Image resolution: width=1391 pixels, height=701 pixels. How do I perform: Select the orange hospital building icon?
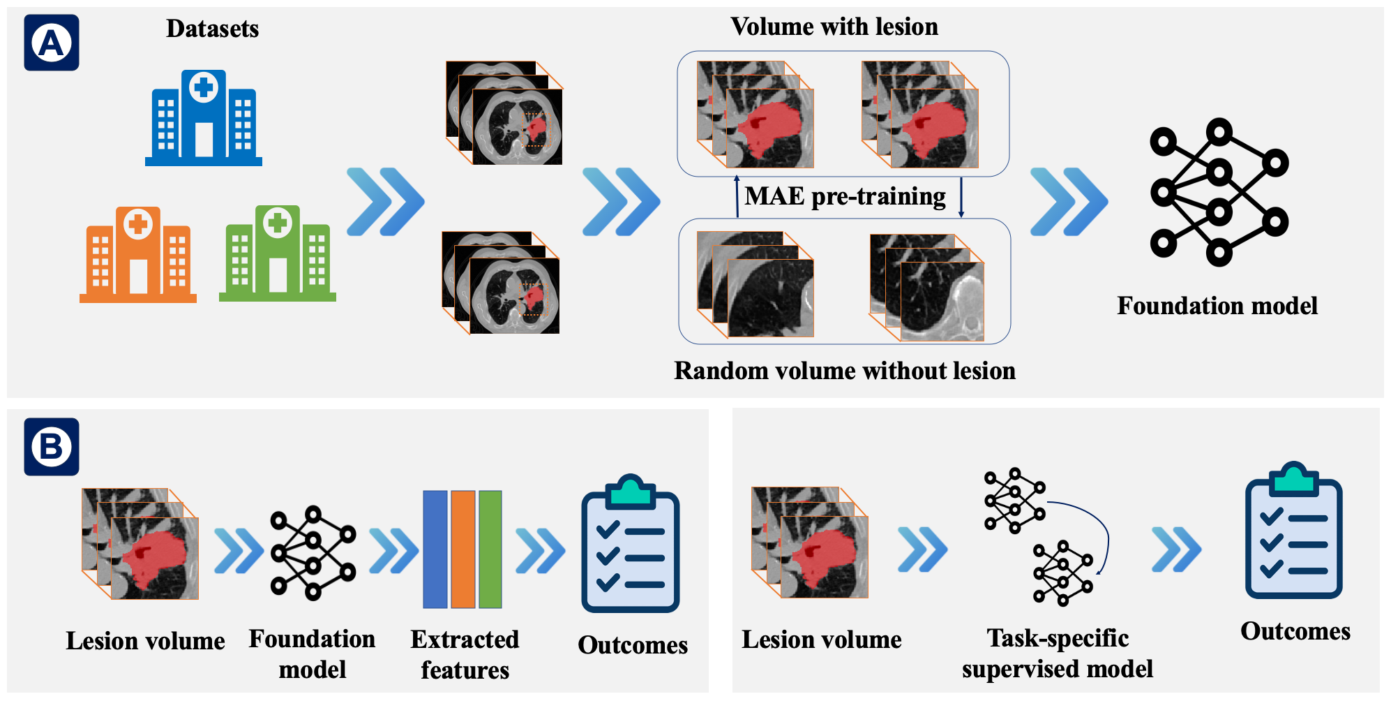click(x=138, y=254)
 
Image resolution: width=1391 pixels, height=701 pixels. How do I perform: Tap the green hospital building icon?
click(x=278, y=253)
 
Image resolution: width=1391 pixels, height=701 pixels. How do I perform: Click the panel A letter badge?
click(x=52, y=43)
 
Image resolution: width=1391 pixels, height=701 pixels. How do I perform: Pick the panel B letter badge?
click(x=52, y=447)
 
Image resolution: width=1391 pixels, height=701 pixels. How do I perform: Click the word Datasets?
click(x=212, y=29)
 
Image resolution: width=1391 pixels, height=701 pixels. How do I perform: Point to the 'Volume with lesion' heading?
click(x=834, y=27)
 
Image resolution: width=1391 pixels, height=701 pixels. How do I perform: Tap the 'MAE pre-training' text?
click(x=845, y=196)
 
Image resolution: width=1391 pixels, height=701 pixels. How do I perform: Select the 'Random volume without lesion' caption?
click(x=845, y=371)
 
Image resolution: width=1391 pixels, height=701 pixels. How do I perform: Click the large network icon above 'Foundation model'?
click(x=1219, y=192)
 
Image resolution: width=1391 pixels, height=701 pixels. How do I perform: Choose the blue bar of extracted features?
click(x=435, y=549)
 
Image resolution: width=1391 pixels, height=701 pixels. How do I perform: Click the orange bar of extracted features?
click(x=463, y=549)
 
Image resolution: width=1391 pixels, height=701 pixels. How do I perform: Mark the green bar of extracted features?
click(x=490, y=549)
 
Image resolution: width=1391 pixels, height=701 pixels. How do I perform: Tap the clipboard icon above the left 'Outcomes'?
click(x=631, y=544)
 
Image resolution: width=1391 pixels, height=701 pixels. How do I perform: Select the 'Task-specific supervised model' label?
click(x=1058, y=653)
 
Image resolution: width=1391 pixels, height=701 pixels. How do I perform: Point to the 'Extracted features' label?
click(x=465, y=654)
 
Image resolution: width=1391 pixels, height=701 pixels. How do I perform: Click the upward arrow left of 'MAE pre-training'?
click(x=737, y=196)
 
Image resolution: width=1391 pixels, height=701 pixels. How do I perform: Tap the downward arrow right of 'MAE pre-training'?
click(x=961, y=198)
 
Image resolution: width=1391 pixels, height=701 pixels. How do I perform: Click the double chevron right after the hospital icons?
click(x=385, y=202)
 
